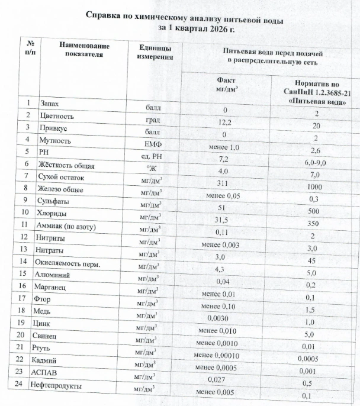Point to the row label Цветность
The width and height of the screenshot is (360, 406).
tap(57, 116)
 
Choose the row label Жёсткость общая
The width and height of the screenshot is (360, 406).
tap(67, 165)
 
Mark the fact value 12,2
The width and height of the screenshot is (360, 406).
tap(225, 123)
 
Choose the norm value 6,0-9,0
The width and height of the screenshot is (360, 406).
tap(313, 162)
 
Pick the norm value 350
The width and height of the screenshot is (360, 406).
tap(313, 224)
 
